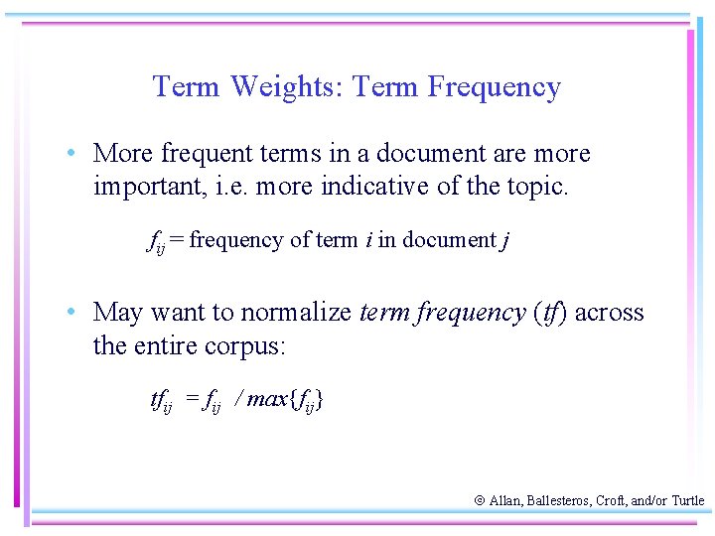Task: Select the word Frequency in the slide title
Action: [495, 87]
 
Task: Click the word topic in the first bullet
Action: [537, 187]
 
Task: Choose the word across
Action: [609, 314]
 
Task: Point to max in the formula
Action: [267, 400]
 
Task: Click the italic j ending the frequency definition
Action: [506, 240]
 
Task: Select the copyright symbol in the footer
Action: [479, 501]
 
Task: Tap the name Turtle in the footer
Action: [687, 501]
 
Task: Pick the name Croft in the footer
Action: [609, 501]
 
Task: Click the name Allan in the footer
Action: [505, 501]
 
